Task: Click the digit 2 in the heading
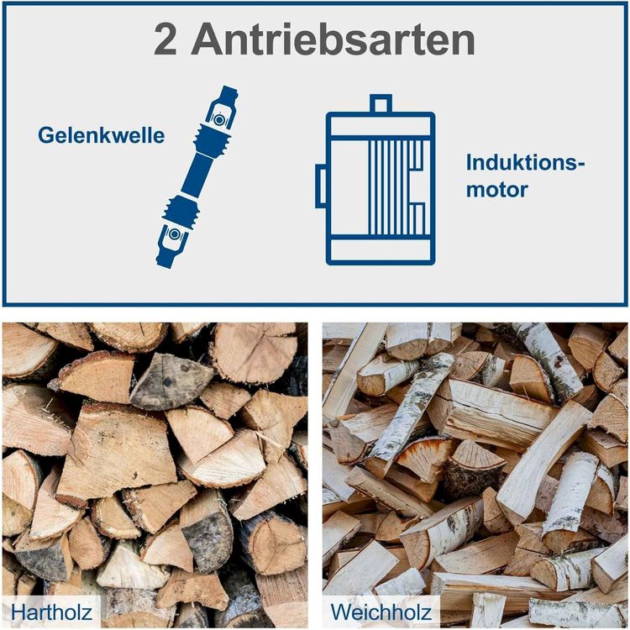coord(165,39)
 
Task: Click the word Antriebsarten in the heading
coord(333,39)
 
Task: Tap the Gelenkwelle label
coord(102,135)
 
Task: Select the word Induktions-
coord(526,162)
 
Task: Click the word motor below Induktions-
coord(497,189)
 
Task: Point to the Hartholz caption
coord(51,612)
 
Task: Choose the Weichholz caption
coord(381,612)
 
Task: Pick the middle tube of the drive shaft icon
coord(197,175)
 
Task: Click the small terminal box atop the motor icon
coord(381,104)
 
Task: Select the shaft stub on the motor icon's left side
coord(321,186)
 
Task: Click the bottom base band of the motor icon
coord(381,250)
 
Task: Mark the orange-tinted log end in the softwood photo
coord(424,457)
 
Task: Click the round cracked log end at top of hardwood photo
coord(255,353)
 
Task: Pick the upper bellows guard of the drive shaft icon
coord(213,140)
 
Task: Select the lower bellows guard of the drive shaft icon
coord(181,211)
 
